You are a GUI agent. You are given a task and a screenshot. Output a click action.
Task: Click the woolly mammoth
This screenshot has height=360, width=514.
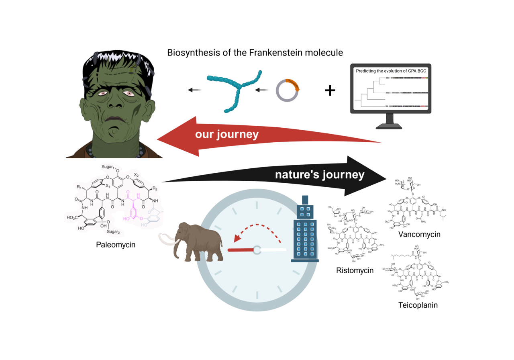click(201, 243)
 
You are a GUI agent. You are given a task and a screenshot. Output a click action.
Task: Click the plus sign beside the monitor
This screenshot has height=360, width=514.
click(330, 91)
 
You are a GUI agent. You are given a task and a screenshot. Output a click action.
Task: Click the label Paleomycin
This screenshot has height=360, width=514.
click(116, 244)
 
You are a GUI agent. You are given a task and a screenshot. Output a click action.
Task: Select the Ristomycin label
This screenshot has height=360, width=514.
click(355, 270)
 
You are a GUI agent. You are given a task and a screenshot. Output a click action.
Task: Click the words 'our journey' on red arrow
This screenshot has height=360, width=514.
click(227, 134)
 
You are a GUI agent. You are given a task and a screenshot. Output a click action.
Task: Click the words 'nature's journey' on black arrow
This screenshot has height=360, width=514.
click(320, 175)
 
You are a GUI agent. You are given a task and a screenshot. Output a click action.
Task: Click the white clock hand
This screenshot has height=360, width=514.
click(273, 250)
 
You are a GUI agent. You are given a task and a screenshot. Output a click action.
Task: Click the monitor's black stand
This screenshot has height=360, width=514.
click(389, 121)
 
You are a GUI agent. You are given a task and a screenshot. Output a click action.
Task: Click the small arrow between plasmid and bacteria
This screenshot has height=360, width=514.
click(263, 90)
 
